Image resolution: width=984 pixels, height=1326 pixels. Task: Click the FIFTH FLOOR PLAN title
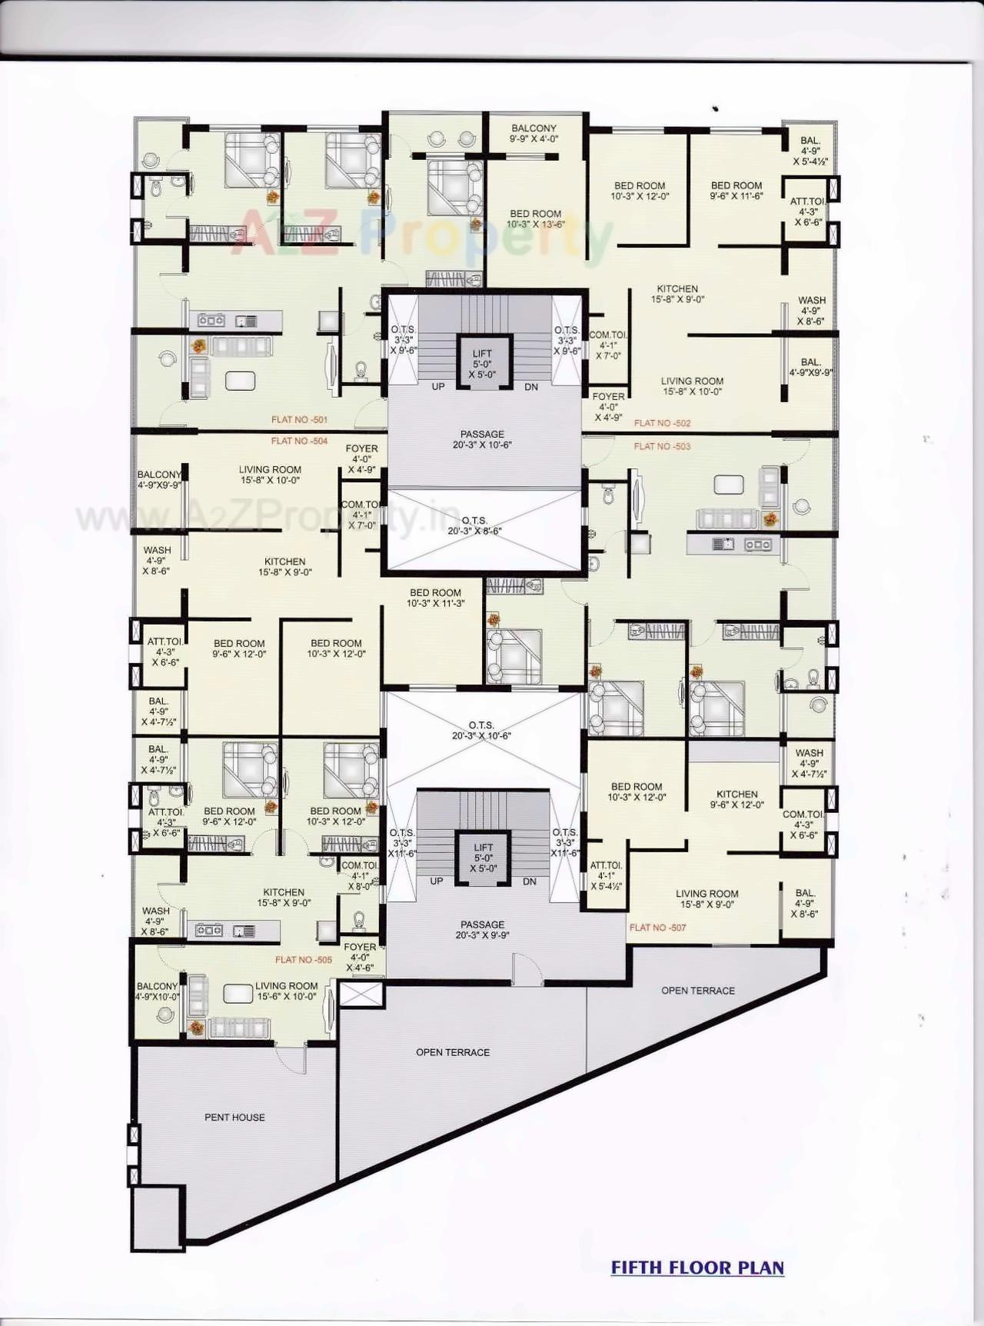[x=697, y=1267]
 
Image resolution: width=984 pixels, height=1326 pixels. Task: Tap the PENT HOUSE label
[x=234, y=1117]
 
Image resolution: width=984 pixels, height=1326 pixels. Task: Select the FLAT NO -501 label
[x=299, y=420]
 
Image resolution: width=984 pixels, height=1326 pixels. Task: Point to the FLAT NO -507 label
[x=658, y=928]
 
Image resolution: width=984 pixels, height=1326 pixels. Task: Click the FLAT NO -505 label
[x=304, y=960]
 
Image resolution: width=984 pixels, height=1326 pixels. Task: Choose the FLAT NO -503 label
[x=662, y=446]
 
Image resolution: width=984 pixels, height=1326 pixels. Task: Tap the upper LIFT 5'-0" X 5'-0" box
[x=483, y=364]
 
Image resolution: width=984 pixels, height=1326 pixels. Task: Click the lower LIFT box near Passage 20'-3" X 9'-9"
[x=484, y=858]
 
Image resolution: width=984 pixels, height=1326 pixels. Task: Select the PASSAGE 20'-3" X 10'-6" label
[x=482, y=439]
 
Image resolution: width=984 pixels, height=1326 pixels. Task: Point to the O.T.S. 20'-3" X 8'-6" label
[x=475, y=525]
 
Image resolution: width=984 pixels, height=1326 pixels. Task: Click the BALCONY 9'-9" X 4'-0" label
[x=534, y=134]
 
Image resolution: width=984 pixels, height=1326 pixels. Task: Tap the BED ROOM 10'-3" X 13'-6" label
[x=536, y=219]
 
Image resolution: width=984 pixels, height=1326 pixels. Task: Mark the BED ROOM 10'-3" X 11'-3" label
[x=435, y=598]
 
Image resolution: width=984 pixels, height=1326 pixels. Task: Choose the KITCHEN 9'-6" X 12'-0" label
[x=736, y=799]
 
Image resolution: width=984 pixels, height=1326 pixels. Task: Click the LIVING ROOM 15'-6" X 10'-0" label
[x=286, y=991]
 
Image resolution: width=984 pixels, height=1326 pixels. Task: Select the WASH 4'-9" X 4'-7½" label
[x=809, y=763]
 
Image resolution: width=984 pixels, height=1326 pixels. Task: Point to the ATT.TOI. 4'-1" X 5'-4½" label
[x=606, y=875]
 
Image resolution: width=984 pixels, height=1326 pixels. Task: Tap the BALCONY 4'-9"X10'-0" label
[x=158, y=991]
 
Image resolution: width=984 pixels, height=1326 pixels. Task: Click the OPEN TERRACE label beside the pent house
[x=453, y=1052]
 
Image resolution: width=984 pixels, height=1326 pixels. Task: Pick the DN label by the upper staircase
[x=531, y=387]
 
